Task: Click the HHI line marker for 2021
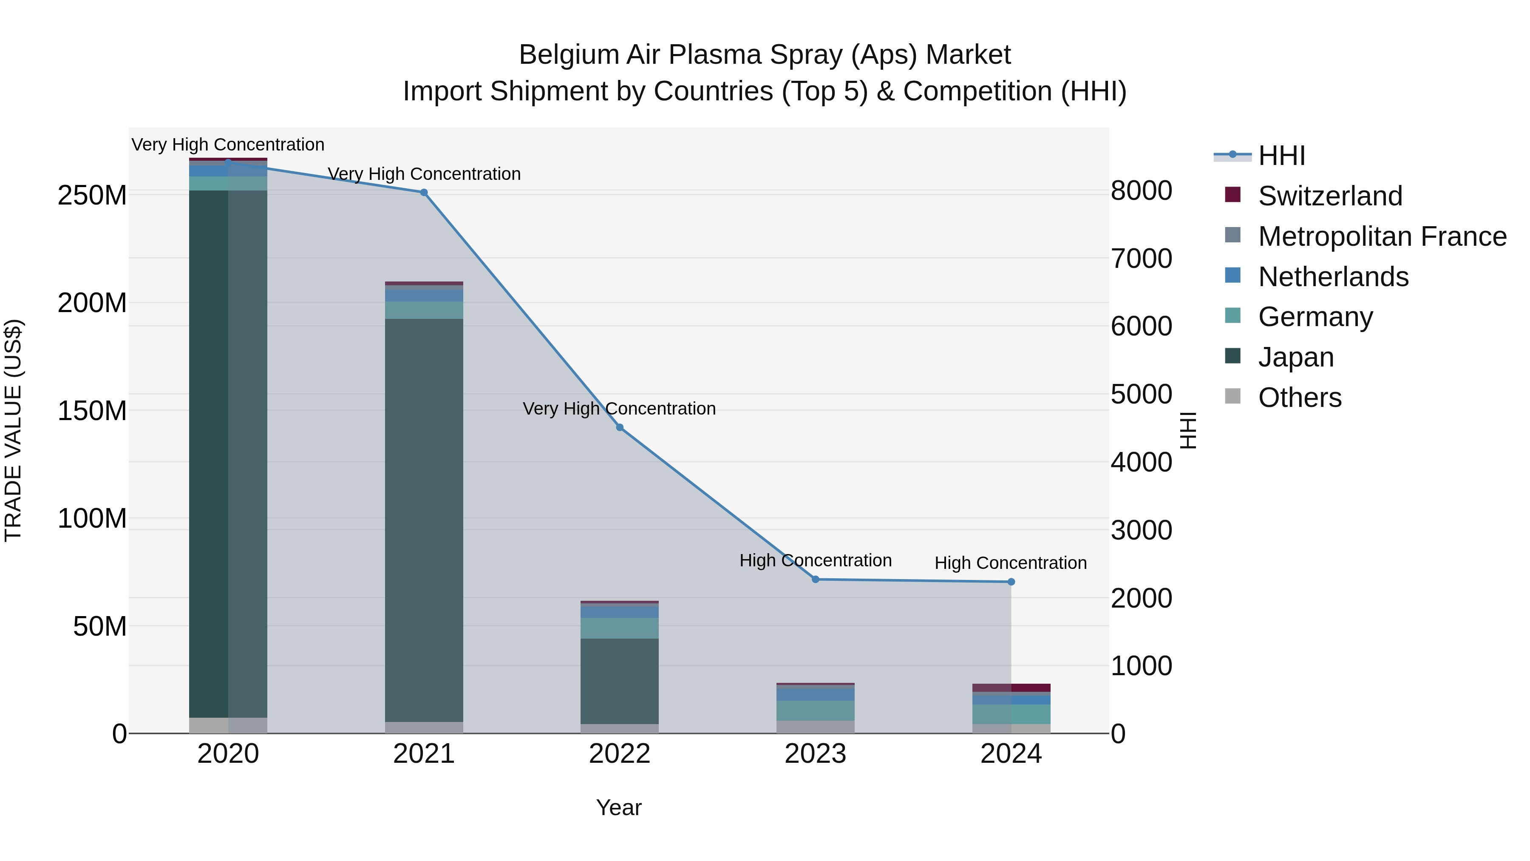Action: click(x=423, y=193)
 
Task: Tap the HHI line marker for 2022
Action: click(x=620, y=427)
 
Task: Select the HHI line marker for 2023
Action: click(x=816, y=580)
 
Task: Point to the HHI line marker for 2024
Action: click(x=1011, y=582)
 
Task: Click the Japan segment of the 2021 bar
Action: click(x=423, y=520)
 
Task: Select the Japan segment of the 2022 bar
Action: click(x=620, y=681)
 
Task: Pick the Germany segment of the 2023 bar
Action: click(x=816, y=710)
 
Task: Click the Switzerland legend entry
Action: click(x=1330, y=196)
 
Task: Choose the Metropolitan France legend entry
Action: click(x=1382, y=236)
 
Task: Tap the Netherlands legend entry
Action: click(x=1333, y=277)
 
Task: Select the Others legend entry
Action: click(x=1300, y=398)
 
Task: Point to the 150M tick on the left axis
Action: click(x=92, y=411)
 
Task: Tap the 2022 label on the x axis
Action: click(x=620, y=754)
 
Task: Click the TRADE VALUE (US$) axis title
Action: click(x=13, y=430)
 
